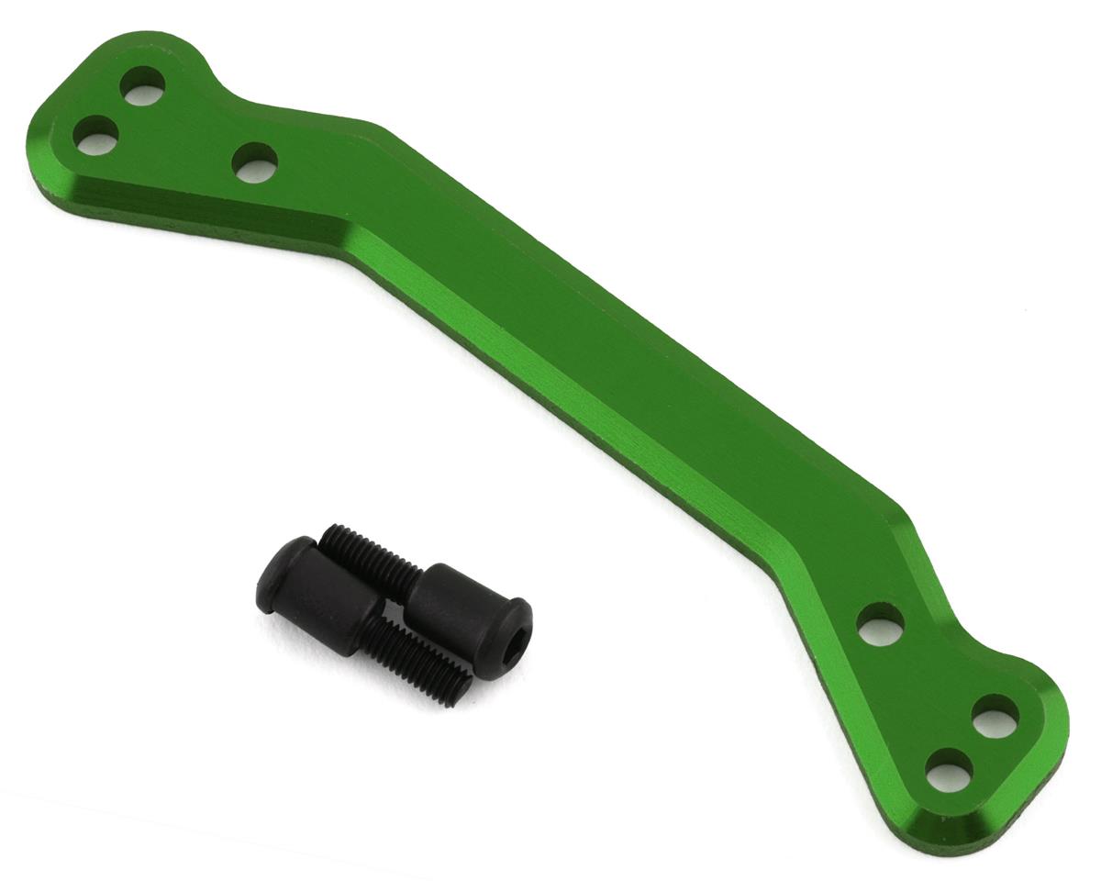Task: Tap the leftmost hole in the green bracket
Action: (x=95, y=136)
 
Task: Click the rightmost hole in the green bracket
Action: (x=995, y=715)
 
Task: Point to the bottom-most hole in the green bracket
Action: (x=950, y=769)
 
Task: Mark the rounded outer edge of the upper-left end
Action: (x=55, y=119)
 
